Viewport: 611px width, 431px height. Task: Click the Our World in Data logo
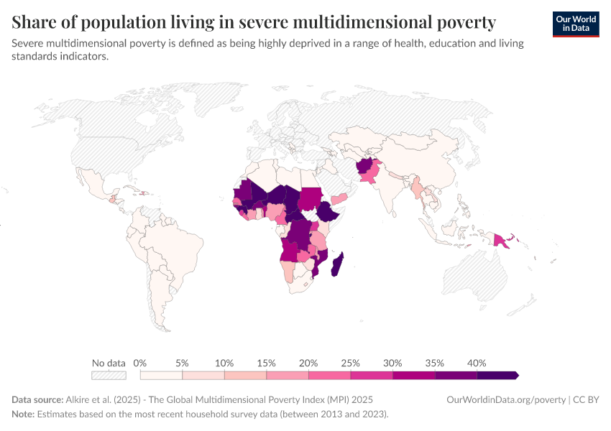point(576,24)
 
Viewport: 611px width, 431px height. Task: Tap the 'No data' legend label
point(109,363)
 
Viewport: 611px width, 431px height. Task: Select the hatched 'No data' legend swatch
point(109,375)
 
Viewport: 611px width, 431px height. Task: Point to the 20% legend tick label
point(308,363)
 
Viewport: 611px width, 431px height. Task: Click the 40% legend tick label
point(477,363)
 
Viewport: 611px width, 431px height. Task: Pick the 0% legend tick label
point(141,363)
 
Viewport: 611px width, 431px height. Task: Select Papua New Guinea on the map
point(501,240)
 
